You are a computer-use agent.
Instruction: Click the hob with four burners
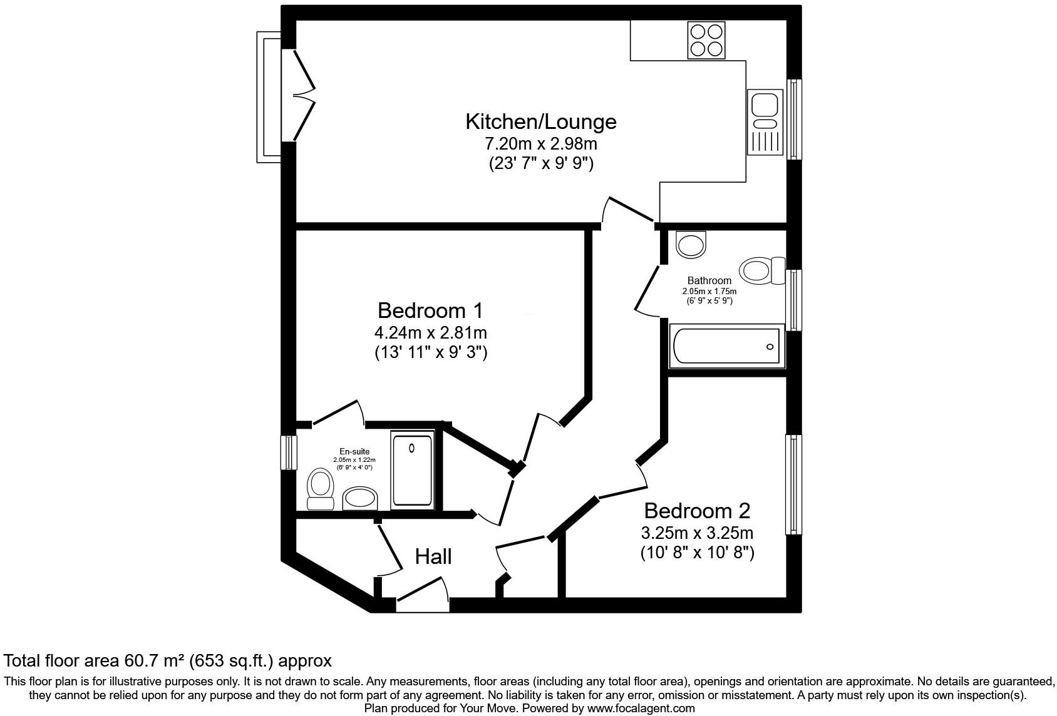[x=706, y=40]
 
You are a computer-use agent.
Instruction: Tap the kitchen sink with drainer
[x=765, y=122]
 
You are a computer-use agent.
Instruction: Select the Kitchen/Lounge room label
[x=540, y=121]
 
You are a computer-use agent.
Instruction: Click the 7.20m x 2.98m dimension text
[x=540, y=144]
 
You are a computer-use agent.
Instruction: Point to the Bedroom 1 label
[x=430, y=310]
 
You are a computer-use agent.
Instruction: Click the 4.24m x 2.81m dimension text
[x=430, y=332]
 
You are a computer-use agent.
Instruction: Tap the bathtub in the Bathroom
[x=726, y=346]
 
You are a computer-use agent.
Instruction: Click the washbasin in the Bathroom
[x=691, y=244]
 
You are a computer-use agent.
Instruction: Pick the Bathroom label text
[x=709, y=280]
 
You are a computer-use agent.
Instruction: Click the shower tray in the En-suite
[x=411, y=470]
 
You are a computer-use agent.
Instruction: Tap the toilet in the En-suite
[x=321, y=490]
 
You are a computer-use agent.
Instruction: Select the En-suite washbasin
[x=361, y=499]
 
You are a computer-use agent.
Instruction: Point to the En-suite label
[x=354, y=451]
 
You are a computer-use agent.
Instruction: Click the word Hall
[x=433, y=556]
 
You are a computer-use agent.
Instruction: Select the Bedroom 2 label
[x=696, y=511]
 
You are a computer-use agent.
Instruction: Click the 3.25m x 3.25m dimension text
[x=696, y=533]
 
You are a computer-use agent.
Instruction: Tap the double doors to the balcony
[x=303, y=95]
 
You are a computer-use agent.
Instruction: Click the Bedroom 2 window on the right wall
[x=793, y=485]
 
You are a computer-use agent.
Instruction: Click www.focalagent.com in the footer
[x=641, y=708]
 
